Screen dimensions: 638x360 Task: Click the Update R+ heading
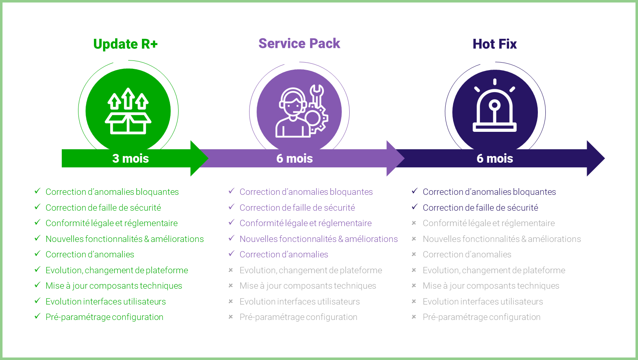tap(125, 44)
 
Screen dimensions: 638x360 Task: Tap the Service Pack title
tap(299, 43)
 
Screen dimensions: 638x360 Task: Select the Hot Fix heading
tap(494, 44)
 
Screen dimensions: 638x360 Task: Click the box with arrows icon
tap(128, 111)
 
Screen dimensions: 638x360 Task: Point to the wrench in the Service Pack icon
tap(317, 96)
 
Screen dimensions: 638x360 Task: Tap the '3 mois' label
tap(131, 159)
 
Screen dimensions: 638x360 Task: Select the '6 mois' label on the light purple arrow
tap(295, 159)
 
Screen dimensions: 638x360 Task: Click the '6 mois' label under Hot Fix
tap(495, 159)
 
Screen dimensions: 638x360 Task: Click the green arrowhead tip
tap(209, 159)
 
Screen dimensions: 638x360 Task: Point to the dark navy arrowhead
tap(596, 159)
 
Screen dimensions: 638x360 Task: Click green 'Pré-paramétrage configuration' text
tap(104, 317)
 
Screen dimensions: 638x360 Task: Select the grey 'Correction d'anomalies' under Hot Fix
tap(467, 254)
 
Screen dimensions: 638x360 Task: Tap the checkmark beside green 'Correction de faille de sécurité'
tap(37, 207)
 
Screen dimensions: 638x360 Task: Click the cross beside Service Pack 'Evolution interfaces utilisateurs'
tap(231, 301)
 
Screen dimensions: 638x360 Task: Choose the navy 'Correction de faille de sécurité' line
tap(480, 208)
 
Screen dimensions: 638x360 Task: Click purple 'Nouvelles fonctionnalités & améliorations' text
tap(318, 239)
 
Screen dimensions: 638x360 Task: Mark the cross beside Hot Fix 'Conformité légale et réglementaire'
tap(414, 223)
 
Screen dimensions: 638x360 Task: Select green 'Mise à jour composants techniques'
tap(113, 286)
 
